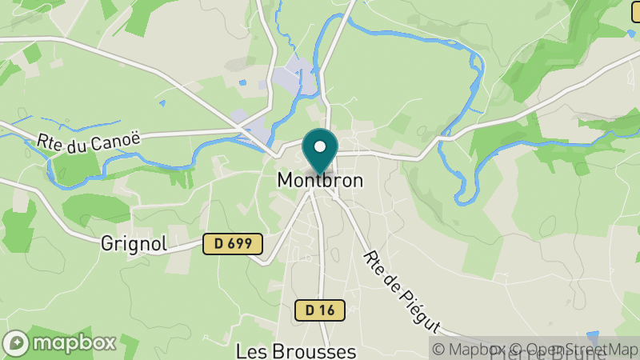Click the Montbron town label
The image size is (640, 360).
(x=320, y=181)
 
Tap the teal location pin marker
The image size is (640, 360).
(x=320, y=152)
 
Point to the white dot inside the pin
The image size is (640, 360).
(x=320, y=146)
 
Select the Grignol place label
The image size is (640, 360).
(x=134, y=244)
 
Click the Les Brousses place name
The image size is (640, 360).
(x=295, y=351)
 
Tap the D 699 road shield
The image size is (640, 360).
(x=233, y=244)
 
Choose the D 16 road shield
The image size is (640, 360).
(x=320, y=310)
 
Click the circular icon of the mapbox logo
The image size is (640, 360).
(x=17, y=343)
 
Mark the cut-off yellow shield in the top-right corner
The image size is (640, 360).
(x=635, y=11)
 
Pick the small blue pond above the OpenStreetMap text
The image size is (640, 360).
(x=592, y=337)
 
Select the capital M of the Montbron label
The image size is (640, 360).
(x=285, y=181)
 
